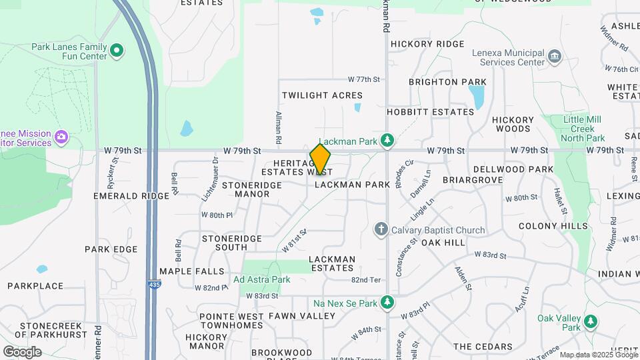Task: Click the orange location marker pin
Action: point(320,159)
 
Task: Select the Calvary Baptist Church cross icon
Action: point(381,230)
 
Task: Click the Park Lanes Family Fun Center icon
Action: point(117,50)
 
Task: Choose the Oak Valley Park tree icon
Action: point(590,321)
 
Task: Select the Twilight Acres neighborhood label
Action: point(322,95)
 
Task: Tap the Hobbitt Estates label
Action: point(430,112)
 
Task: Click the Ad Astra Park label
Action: point(261,279)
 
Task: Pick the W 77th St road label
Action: point(363,79)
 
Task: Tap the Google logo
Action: point(22,351)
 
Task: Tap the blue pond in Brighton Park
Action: point(477,98)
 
